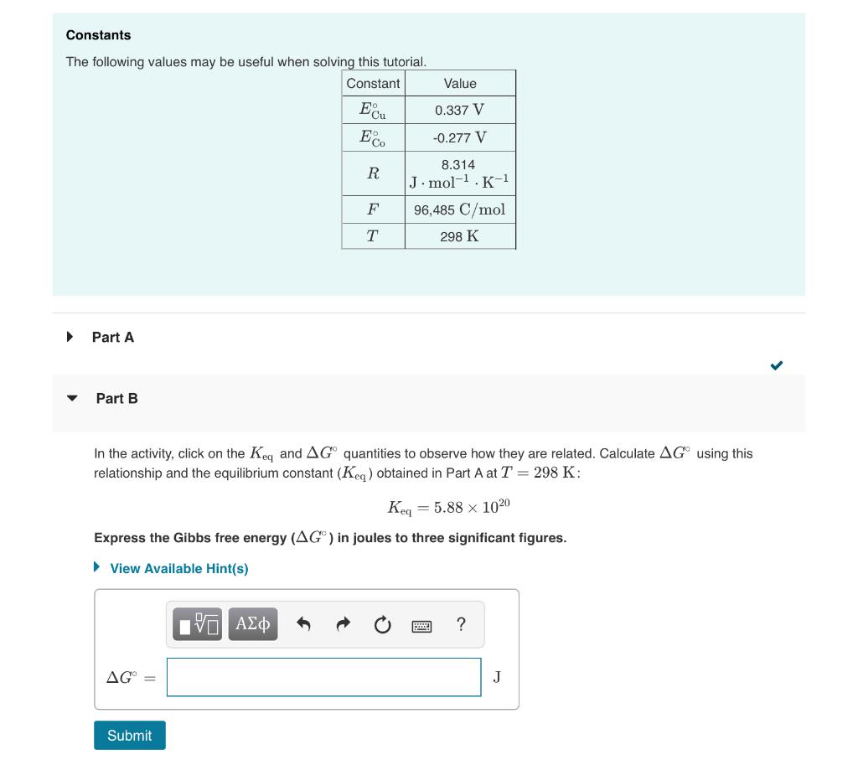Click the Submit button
click(x=130, y=735)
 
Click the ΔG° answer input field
click(x=323, y=677)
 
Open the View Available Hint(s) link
click(x=178, y=568)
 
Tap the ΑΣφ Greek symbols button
click(x=253, y=624)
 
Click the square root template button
click(x=198, y=624)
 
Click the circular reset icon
click(x=382, y=625)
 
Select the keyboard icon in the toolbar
click(x=421, y=625)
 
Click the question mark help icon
click(x=461, y=624)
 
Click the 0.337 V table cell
click(x=460, y=110)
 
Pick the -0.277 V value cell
click(x=460, y=137)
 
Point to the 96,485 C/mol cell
click(x=460, y=209)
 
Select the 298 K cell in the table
click(x=460, y=236)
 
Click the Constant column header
click(x=373, y=83)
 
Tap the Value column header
click(x=460, y=83)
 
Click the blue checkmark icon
click(x=776, y=365)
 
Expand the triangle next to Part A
click(x=70, y=337)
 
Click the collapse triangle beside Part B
click(x=72, y=399)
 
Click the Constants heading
click(x=99, y=35)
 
